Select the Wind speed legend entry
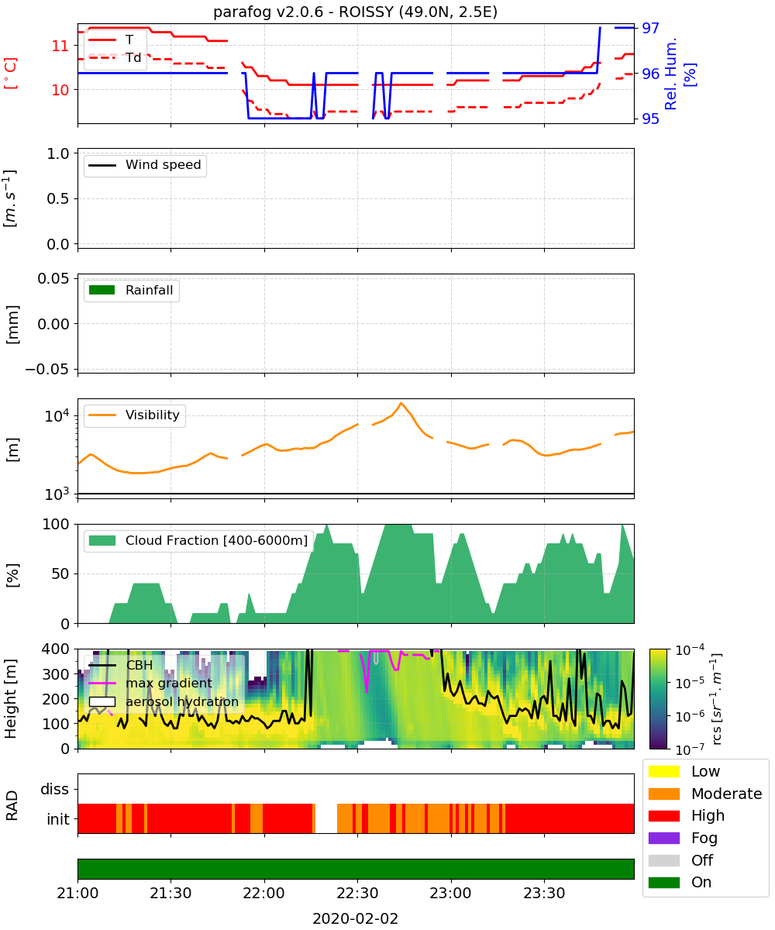click(x=145, y=165)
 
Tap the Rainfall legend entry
click(x=131, y=290)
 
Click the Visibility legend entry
click(x=134, y=415)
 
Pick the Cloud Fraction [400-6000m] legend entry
click(x=198, y=540)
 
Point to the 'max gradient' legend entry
click(x=150, y=683)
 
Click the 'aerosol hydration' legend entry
click(x=164, y=701)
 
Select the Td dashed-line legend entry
click(x=115, y=58)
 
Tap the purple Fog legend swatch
click(x=663, y=838)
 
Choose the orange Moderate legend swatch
click(x=663, y=794)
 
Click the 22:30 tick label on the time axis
click(x=357, y=893)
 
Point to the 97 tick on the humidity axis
click(x=650, y=28)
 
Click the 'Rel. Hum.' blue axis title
click(x=671, y=74)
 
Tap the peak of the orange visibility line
click(x=401, y=403)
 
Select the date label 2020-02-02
click(x=355, y=918)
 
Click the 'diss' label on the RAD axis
click(x=55, y=789)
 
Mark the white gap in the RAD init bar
click(x=326, y=818)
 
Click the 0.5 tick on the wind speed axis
click(x=58, y=198)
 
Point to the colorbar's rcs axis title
click(x=716, y=699)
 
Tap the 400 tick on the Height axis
click(x=56, y=649)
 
